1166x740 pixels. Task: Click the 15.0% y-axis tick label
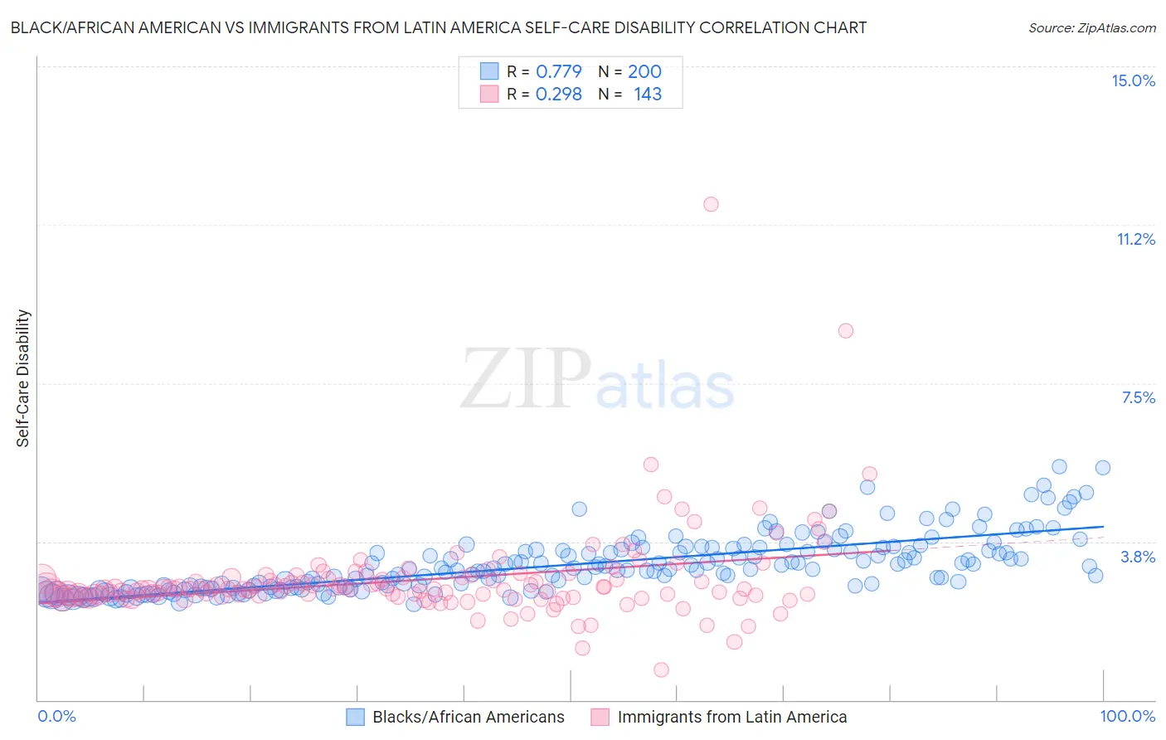1133,80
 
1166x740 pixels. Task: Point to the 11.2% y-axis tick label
1135,239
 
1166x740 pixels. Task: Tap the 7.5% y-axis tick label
1138,397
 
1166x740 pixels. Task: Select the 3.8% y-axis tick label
1138,557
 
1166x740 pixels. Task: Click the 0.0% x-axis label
56,716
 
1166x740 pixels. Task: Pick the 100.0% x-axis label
1127,716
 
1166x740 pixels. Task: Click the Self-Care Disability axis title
22,378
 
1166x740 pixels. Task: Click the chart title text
438,27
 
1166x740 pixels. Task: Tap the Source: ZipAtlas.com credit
1091,27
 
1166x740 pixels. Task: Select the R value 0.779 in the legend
558,71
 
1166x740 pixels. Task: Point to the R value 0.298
558,95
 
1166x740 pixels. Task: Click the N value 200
644,71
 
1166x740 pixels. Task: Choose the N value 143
648,95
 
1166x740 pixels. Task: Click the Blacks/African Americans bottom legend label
468,717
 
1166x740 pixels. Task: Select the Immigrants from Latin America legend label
731,717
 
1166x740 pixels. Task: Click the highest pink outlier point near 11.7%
711,204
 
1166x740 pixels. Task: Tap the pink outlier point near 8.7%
845,330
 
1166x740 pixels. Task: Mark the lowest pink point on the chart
661,669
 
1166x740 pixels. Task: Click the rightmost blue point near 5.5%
1102,467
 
